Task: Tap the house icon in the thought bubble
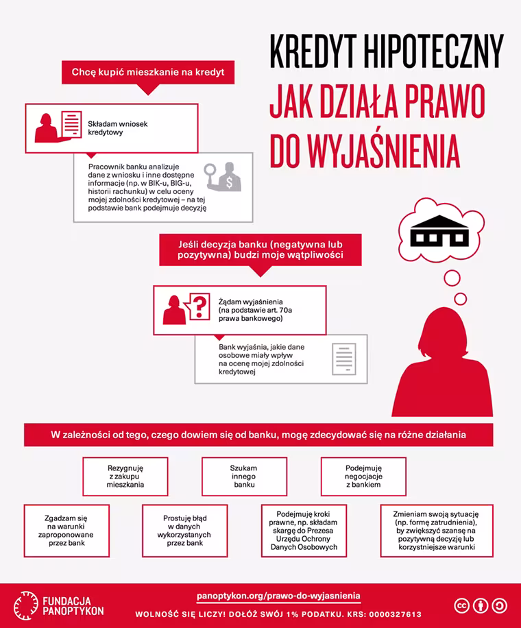(437, 232)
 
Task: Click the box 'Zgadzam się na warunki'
(66, 530)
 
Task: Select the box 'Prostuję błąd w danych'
(185, 530)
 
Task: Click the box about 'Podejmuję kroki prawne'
(304, 530)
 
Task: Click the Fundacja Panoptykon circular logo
(25, 604)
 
